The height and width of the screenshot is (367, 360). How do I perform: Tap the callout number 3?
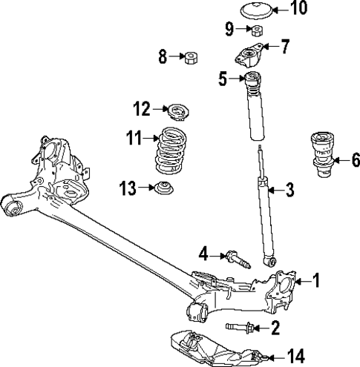(x=289, y=191)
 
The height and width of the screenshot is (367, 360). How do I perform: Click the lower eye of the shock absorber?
(x=270, y=260)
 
